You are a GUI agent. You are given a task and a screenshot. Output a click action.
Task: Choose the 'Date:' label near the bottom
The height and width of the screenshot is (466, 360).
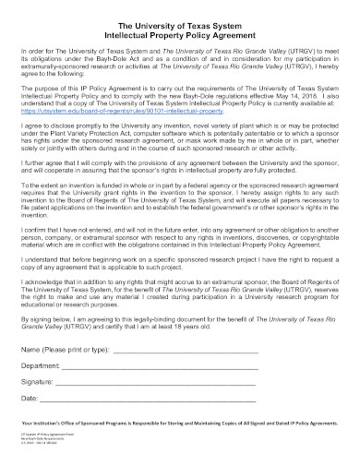coord(30,406)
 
